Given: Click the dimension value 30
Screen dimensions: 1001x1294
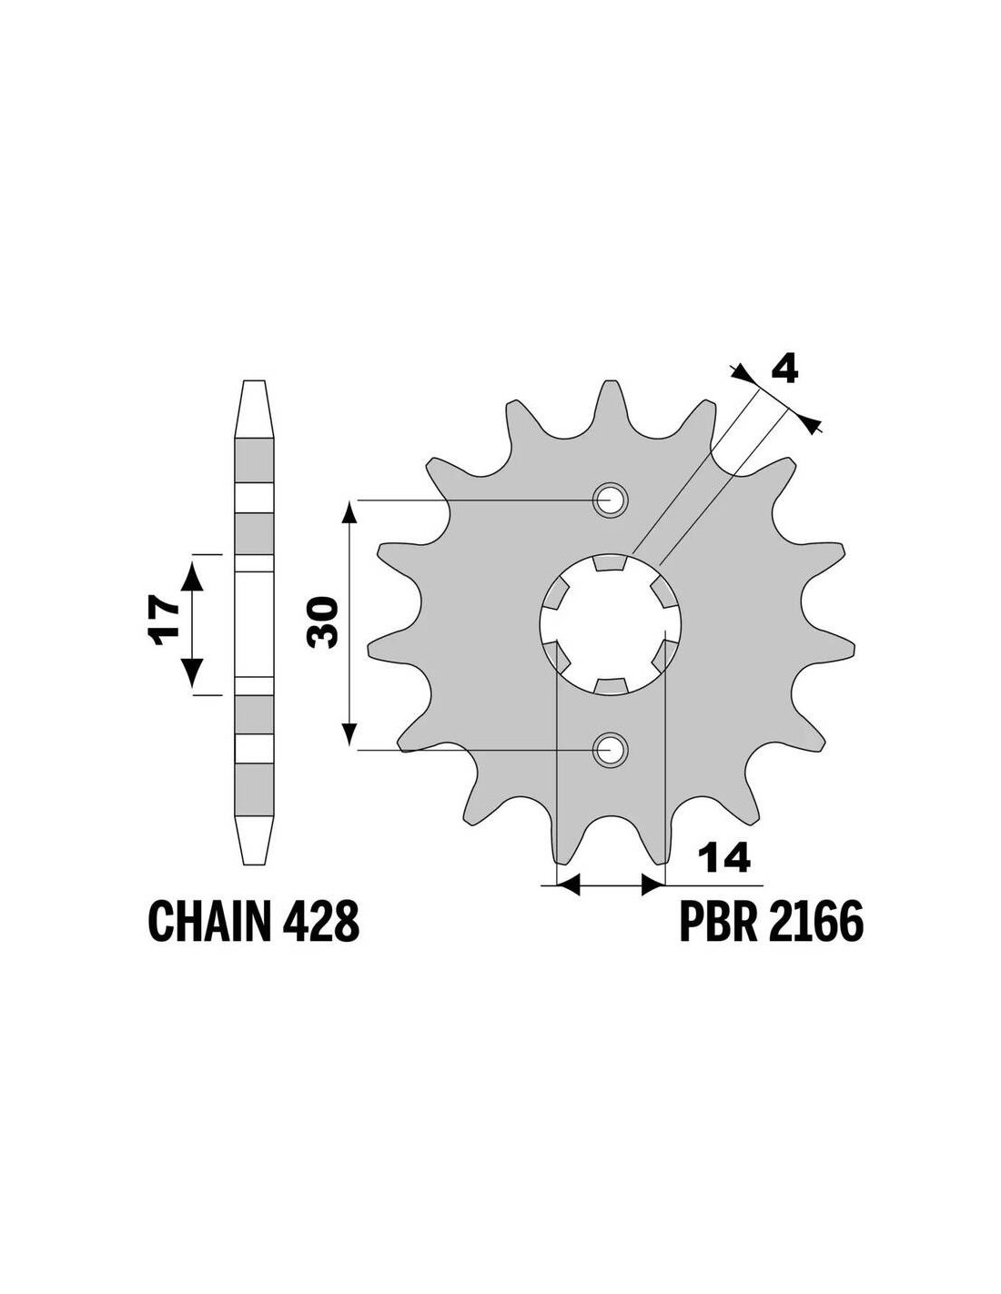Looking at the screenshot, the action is [x=322, y=622].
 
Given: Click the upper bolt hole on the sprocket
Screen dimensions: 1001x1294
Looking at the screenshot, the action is [x=609, y=500].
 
